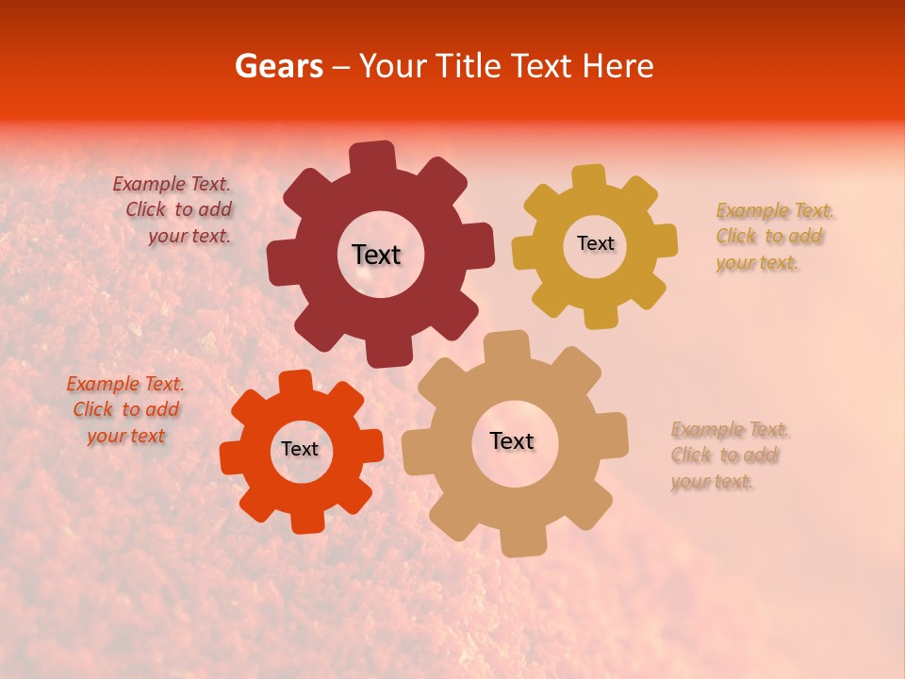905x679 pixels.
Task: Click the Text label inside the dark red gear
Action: (x=376, y=255)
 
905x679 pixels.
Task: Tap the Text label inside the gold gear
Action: (x=595, y=243)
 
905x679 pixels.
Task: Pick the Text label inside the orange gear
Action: (x=300, y=449)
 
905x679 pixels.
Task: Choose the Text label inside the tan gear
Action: (x=512, y=440)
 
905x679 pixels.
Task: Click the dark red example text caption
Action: (x=174, y=210)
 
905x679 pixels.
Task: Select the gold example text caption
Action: (x=773, y=237)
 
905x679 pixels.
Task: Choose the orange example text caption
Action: (x=125, y=410)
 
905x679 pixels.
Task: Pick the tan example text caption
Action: (x=728, y=455)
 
